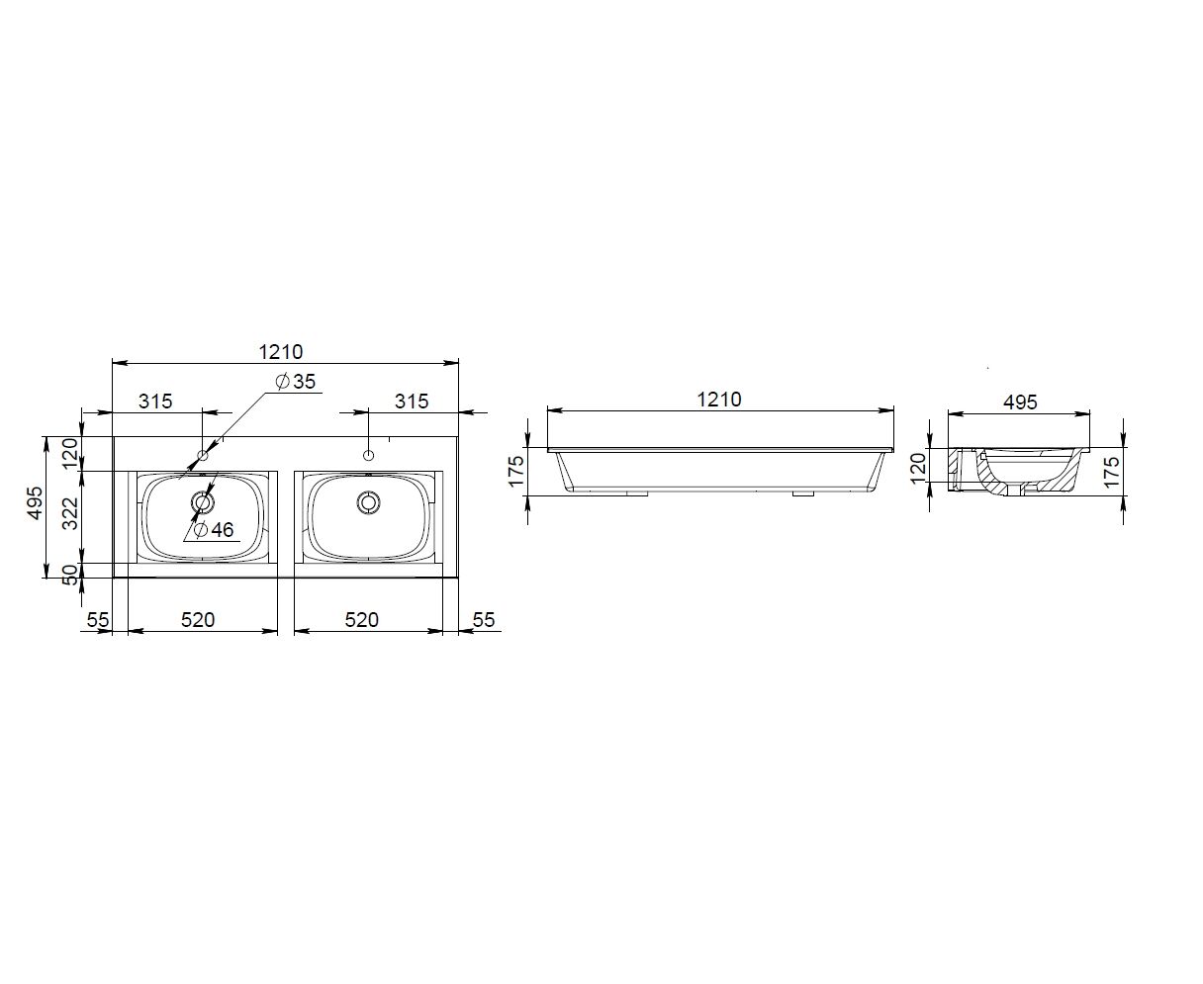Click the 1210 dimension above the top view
[281, 352]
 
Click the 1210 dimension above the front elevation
[718, 400]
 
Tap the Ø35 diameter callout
[296, 382]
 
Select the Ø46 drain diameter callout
[214, 530]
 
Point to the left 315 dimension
[155, 402]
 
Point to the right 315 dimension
[412, 402]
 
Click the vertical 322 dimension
[69, 513]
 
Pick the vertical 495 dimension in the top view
[36, 502]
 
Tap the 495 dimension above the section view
[1020, 403]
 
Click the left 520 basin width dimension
[198, 620]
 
